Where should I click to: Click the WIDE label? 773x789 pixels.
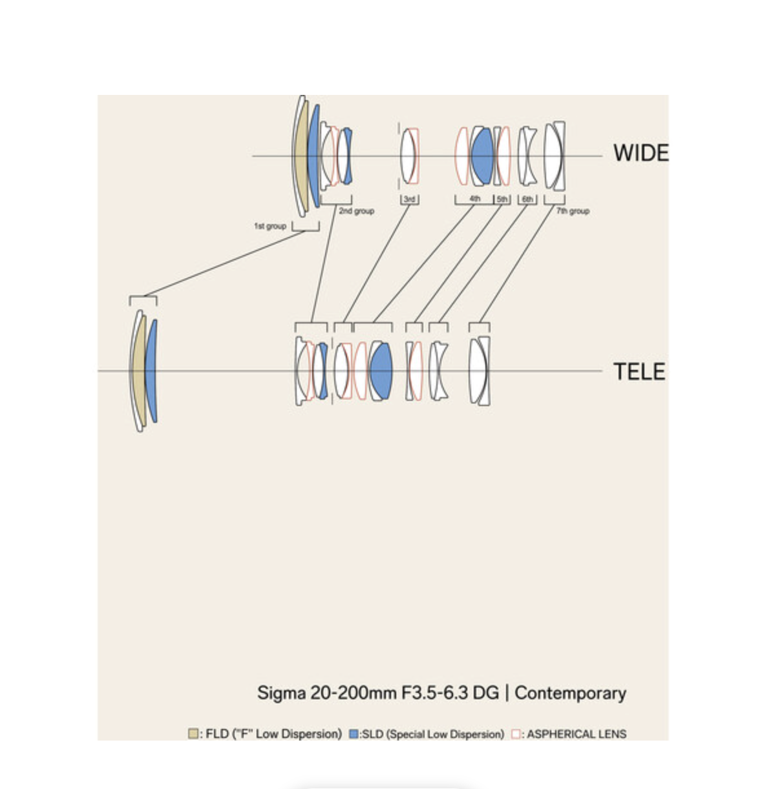pos(640,153)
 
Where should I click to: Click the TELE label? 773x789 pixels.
pos(639,372)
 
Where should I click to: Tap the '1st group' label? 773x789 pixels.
pos(270,226)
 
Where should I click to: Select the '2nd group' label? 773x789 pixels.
pos(356,210)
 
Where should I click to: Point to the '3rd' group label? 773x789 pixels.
pos(409,200)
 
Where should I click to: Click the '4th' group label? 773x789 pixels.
pos(475,199)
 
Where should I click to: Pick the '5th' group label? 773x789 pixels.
pos(502,200)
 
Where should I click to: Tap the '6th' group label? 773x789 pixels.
pos(527,200)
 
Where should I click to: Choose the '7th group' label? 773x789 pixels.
pos(573,210)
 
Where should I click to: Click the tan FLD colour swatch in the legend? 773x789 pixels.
pos(193,733)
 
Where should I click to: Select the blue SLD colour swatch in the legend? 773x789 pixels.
pos(354,733)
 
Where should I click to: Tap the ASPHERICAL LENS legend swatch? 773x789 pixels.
pos(516,733)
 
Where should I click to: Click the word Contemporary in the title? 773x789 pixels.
pos(570,693)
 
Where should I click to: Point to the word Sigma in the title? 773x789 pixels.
pos(281,693)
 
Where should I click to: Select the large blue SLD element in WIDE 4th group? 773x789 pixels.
pos(482,155)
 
